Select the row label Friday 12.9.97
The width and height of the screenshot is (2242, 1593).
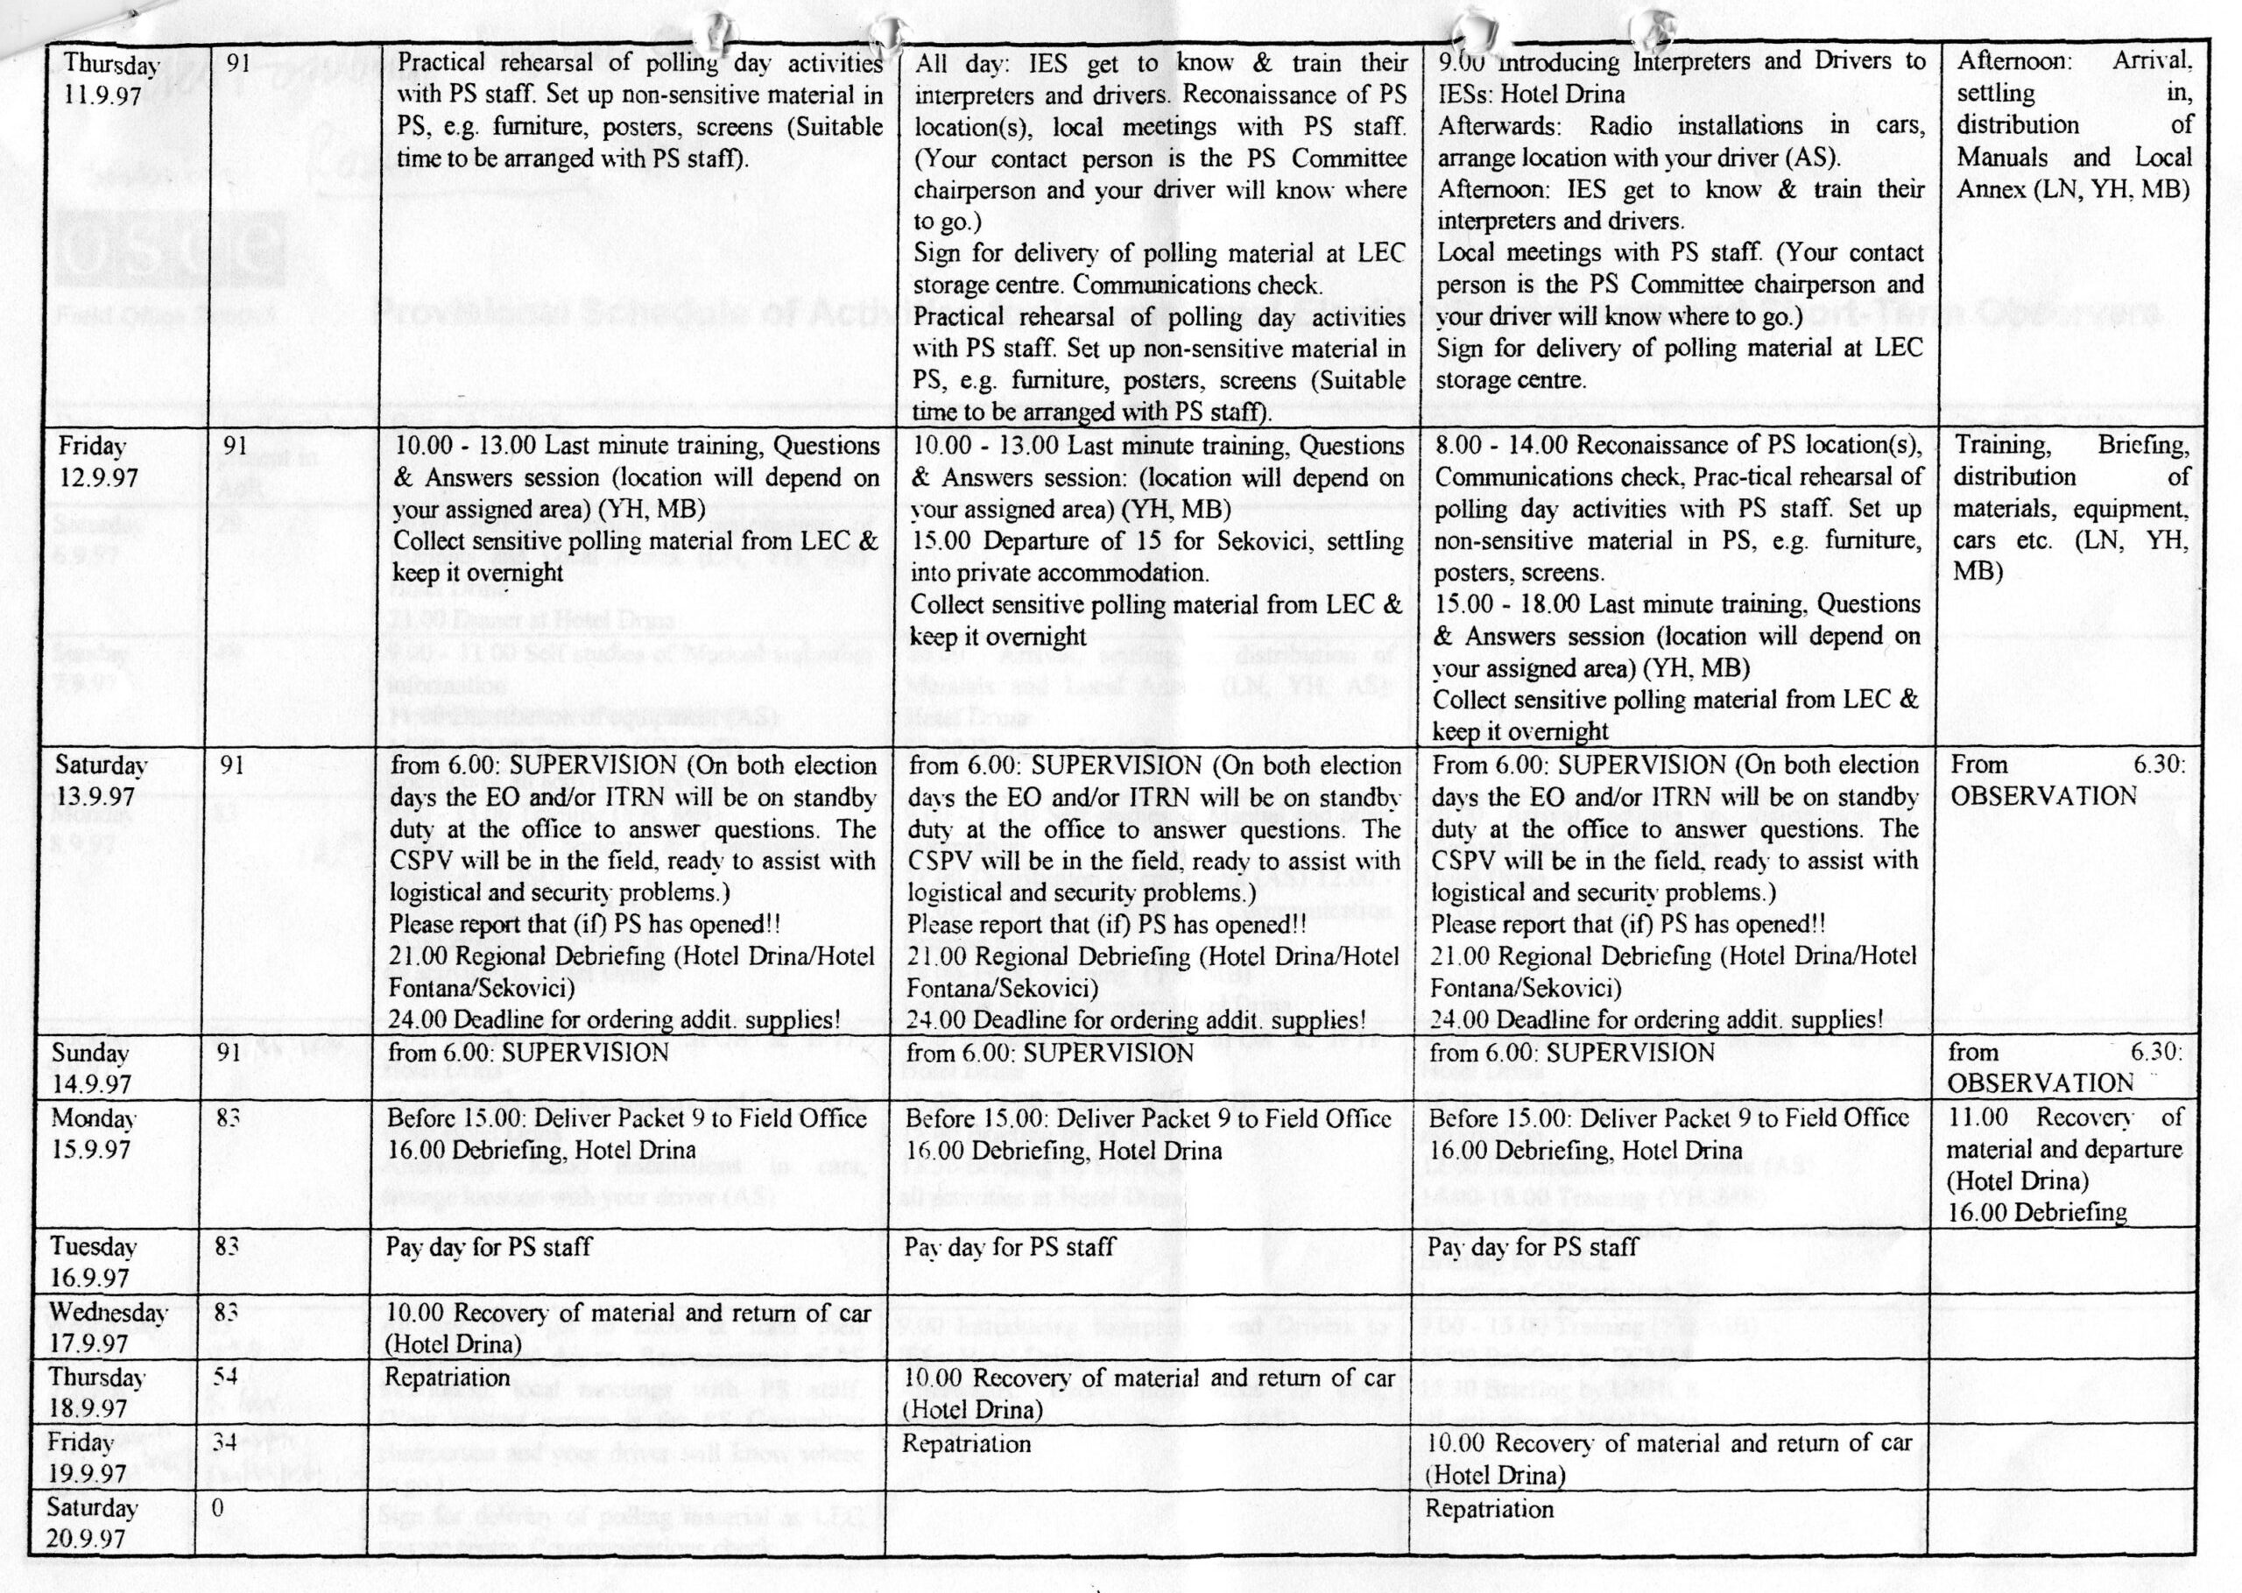[97, 462]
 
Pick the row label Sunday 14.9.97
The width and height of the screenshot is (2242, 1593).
[91, 1068]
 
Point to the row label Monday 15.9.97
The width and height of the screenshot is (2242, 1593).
[95, 1133]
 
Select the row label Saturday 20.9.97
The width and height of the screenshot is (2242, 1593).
[92, 1522]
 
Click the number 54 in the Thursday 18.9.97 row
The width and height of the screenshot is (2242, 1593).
[226, 1376]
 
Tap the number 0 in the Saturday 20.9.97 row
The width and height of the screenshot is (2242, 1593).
[218, 1508]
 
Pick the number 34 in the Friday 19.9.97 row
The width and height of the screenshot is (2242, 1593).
[226, 1442]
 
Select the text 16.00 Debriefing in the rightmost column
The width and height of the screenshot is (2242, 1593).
[2037, 1212]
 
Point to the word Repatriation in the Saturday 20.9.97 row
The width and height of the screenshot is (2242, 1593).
[1489, 1509]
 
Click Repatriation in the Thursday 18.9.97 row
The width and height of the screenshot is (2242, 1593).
[448, 1378]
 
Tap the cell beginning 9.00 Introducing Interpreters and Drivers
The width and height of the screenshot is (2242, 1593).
[1680, 221]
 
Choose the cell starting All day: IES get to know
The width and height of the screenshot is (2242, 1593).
[1160, 236]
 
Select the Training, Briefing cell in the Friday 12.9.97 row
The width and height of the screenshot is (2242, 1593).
[2070, 508]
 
